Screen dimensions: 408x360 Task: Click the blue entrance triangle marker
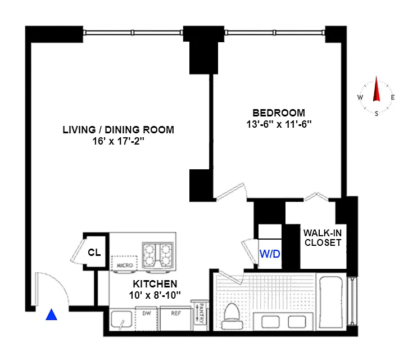[51, 314]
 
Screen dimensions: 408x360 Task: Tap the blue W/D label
[270, 254]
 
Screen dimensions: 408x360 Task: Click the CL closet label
[94, 252]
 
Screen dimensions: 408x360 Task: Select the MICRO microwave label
[125, 265]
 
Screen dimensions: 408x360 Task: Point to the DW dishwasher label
[147, 313]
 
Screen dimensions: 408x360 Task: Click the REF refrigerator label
[176, 313]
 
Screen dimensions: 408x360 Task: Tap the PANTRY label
[201, 313]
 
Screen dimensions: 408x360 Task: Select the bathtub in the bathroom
[330, 301]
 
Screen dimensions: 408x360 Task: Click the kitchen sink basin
[121, 319]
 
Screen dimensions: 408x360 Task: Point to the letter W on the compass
[360, 97]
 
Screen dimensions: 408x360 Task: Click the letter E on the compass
[393, 97]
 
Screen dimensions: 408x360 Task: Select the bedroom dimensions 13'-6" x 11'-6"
[279, 124]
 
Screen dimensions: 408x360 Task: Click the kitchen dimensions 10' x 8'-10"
[155, 295]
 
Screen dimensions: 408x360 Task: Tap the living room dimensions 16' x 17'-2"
[119, 141]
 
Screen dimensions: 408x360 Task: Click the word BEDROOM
[279, 113]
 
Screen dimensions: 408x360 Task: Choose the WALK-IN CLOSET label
[323, 237]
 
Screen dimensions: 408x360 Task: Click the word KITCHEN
[155, 283]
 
